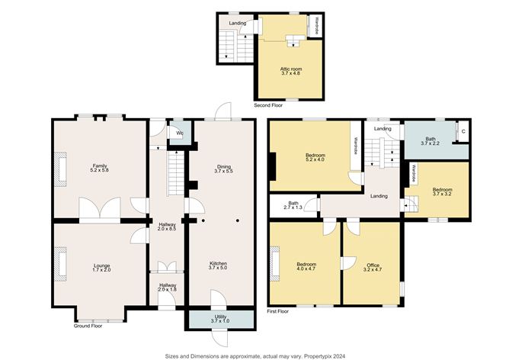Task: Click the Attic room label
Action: tap(291, 69)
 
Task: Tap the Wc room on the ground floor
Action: tap(179, 133)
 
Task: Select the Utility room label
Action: tap(220, 317)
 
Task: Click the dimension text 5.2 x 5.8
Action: tap(99, 170)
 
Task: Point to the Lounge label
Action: tap(101, 265)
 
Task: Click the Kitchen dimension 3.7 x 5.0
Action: tap(218, 268)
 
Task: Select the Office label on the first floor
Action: tap(373, 265)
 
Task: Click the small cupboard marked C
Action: tap(463, 132)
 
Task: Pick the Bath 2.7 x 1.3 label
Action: tap(293, 205)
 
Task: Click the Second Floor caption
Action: tap(268, 105)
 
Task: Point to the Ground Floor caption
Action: tap(88, 326)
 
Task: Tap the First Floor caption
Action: tap(278, 311)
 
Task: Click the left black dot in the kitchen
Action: tap(203, 220)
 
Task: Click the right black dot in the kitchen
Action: tap(238, 220)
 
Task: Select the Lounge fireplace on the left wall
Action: tap(60, 264)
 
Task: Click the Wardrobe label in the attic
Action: tap(315, 26)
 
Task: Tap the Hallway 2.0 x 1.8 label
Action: tap(168, 288)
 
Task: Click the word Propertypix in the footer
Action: tap(322, 356)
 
